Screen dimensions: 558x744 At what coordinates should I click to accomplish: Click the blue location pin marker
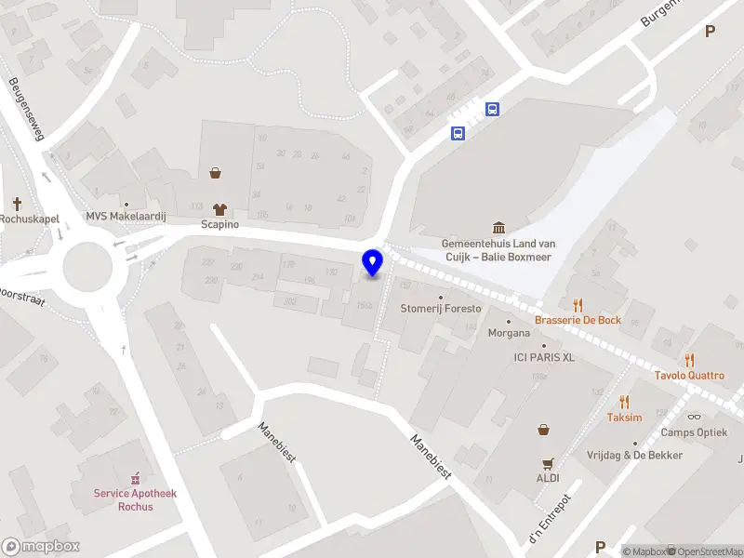pos(373,262)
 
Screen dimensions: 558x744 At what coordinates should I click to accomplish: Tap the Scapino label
pos(220,225)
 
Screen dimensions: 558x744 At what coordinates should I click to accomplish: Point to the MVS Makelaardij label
pos(126,217)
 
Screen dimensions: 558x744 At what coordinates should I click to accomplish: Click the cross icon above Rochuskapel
pos(18,203)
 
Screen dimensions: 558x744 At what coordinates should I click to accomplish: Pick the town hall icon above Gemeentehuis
pos(499,228)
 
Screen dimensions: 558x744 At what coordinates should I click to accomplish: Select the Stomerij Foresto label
pos(441,309)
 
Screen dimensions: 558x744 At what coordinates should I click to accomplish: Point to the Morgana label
pos(510,334)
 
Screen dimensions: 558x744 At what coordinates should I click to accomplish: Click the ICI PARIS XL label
pos(544,357)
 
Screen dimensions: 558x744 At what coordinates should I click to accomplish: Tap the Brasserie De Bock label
pos(578,320)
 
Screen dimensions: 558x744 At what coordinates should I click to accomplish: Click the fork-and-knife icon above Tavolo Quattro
pos(689,360)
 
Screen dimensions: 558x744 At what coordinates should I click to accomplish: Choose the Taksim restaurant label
pos(625,418)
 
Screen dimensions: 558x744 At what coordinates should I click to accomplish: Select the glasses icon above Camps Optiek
pos(694,417)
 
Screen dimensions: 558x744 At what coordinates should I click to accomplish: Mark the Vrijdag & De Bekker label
pos(634,455)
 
